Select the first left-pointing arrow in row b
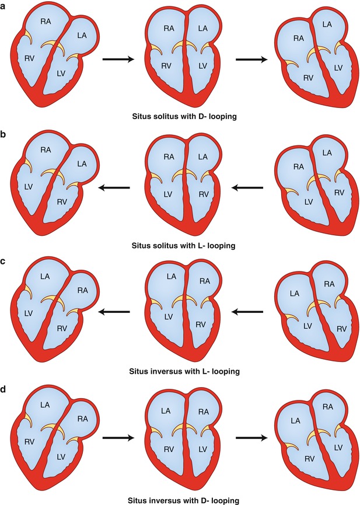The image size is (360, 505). (114, 188)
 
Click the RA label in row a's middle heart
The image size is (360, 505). (170, 28)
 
